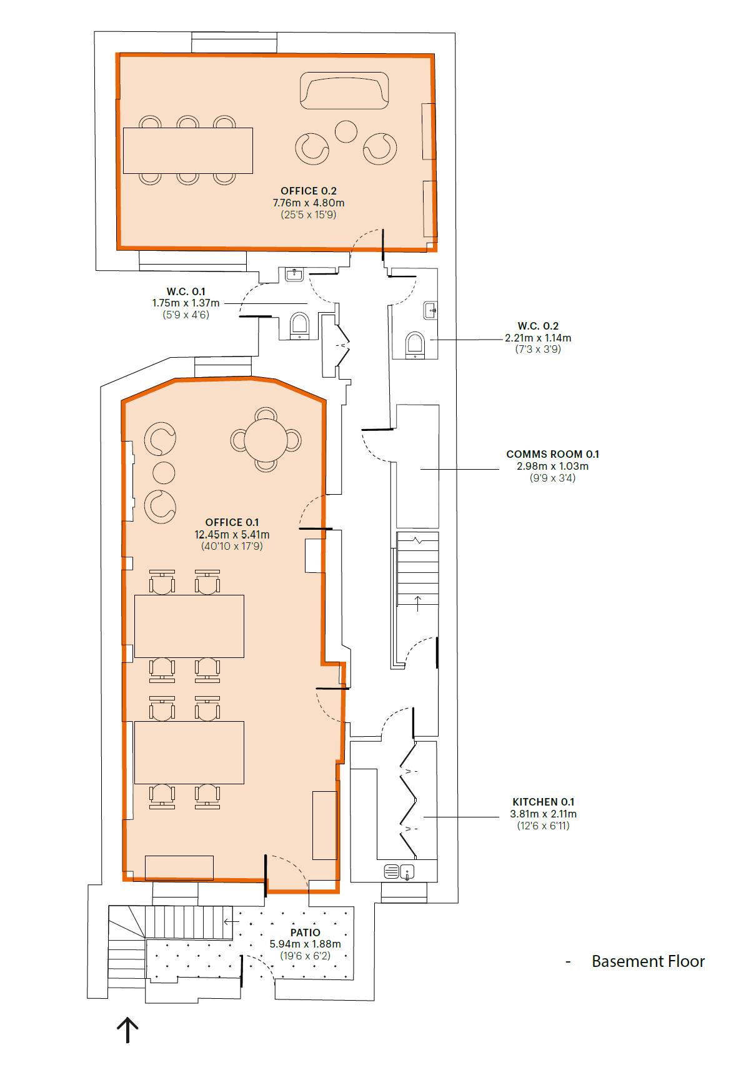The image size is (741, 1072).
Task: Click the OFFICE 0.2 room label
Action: tap(309, 191)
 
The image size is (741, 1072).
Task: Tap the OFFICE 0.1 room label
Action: tap(232, 522)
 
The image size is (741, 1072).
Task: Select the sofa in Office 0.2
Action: tap(344, 91)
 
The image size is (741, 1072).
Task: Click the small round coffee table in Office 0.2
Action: tap(346, 131)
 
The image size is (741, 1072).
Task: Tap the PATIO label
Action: tap(305, 933)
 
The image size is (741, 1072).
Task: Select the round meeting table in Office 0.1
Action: tap(266, 440)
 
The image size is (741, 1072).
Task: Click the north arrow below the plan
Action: tap(127, 1030)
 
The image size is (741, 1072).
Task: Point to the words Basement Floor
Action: tap(648, 961)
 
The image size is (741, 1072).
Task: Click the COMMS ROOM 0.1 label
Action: tap(552, 453)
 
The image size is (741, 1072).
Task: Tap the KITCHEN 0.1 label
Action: tap(543, 802)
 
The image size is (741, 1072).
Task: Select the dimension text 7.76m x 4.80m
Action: tap(309, 203)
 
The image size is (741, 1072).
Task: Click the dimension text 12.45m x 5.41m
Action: tap(232, 534)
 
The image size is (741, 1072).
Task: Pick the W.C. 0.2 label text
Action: tap(538, 326)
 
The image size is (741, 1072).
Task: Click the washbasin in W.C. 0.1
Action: tap(294, 274)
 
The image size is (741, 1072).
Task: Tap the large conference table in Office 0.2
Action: tap(188, 150)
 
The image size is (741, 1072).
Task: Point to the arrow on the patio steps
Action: tap(231, 921)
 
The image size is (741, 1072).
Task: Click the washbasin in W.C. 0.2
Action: tap(430, 310)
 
